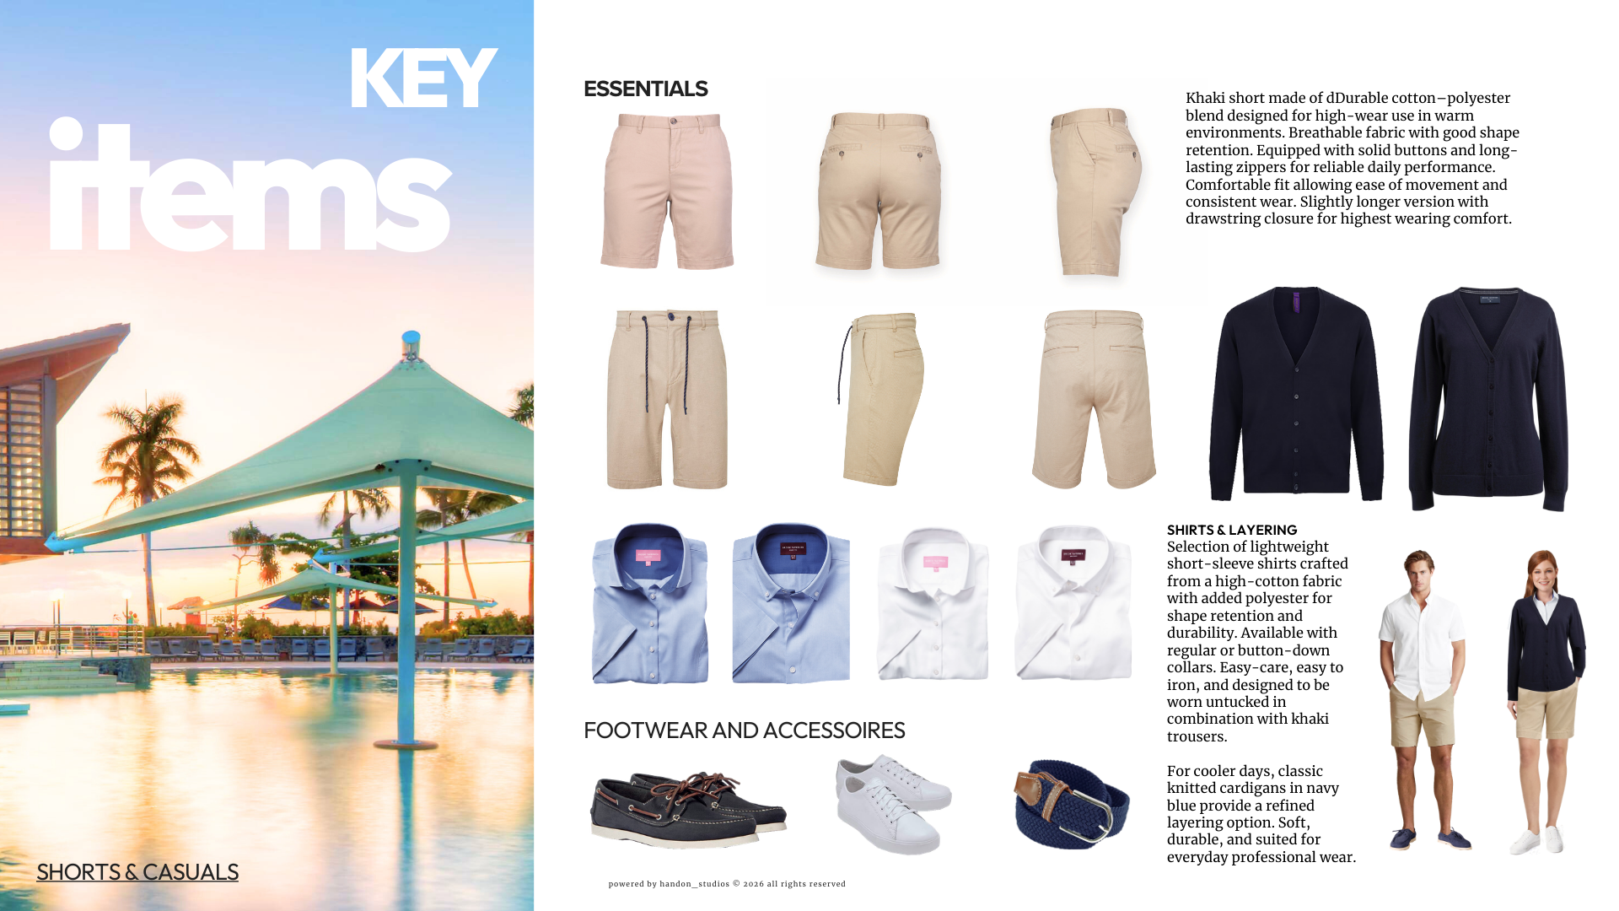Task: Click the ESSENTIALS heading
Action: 645,89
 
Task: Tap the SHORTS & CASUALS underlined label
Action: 137,872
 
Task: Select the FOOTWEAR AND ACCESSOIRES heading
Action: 744,730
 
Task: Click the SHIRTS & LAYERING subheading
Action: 1232,530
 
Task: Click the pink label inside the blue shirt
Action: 648,556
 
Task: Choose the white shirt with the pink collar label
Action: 933,603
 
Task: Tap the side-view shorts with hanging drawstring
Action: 881,398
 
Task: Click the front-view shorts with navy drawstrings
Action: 667,398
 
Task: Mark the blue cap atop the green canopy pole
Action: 411,339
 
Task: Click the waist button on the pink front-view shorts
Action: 672,121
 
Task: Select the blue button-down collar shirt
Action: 791,603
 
